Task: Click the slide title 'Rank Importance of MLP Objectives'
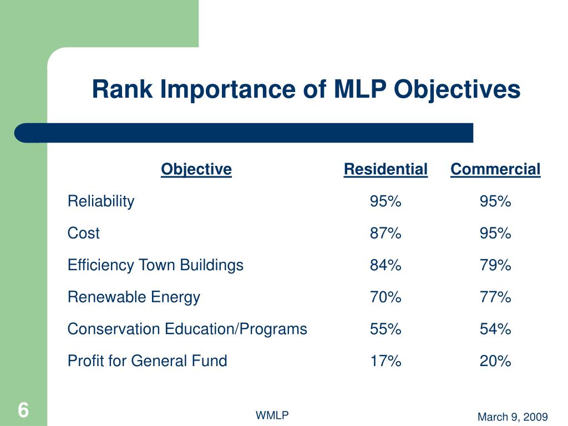pos(306,89)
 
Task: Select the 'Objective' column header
pos(196,169)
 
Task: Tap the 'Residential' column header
pos(386,169)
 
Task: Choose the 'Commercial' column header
pos(495,169)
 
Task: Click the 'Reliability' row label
pos(101,201)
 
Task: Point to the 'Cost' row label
pos(84,234)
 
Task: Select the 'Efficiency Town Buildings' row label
pos(155,265)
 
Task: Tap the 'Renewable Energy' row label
pos(134,297)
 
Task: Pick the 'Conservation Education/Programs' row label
pos(187,329)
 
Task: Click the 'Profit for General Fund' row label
pos(147,361)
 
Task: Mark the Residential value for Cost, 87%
pos(386,234)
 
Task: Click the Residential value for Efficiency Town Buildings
pos(386,265)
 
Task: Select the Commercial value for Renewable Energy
pos(495,297)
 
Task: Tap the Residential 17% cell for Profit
pos(386,361)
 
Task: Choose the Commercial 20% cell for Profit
pos(495,361)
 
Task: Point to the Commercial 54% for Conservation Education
pos(495,329)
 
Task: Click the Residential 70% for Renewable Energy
pos(386,297)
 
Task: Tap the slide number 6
pos(23,411)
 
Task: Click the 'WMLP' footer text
pos(272,415)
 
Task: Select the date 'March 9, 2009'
pos(513,417)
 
